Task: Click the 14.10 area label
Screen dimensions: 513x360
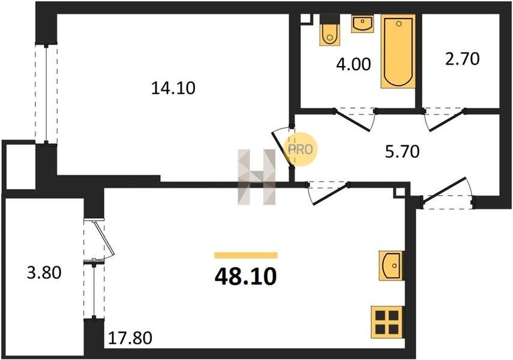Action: click(x=173, y=88)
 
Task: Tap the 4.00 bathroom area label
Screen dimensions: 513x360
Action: click(x=353, y=64)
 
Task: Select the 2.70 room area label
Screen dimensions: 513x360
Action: click(x=462, y=59)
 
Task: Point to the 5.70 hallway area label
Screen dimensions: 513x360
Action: click(x=402, y=152)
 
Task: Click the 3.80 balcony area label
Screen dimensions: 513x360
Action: click(x=44, y=272)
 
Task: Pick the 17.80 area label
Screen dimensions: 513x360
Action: click(x=130, y=338)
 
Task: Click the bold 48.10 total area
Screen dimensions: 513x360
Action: click(x=246, y=277)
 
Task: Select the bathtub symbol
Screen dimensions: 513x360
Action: click(x=398, y=51)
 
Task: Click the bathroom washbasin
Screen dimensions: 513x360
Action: click(x=362, y=23)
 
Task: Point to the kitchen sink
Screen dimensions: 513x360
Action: click(x=391, y=265)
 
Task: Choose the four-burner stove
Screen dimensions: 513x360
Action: click(x=387, y=322)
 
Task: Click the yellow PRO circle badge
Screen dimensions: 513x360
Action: click(x=301, y=149)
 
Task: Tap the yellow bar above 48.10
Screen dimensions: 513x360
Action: click(x=246, y=255)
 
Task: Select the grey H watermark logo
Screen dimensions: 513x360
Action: click(x=257, y=177)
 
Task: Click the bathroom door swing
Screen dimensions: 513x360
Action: click(x=355, y=120)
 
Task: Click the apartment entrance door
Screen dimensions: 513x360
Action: click(x=447, y=193)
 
